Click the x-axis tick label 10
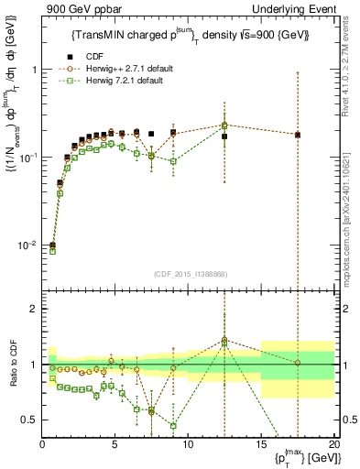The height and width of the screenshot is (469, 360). (188, 444)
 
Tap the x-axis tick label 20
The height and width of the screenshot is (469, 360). (333, 444)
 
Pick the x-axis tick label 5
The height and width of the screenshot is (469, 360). (115, 444)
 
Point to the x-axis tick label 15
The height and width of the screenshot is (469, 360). (260, 444)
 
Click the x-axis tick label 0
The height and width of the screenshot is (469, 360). (43, 444)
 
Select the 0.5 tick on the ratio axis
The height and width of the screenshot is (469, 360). (29, 420)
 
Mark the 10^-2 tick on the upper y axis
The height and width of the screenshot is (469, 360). (27, 245)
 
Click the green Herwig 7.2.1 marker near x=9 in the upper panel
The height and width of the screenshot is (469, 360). (173, 161)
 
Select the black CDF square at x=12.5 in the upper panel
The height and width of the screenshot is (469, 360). (224, 136)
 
